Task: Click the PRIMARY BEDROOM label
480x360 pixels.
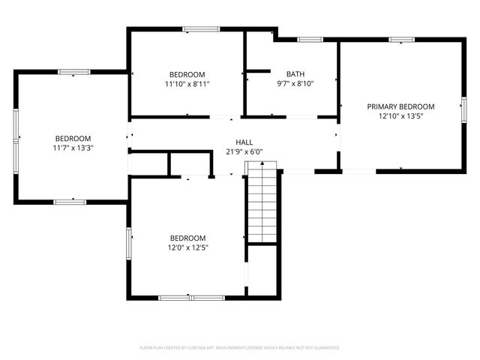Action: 400,106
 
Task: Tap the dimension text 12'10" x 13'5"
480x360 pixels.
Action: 400,116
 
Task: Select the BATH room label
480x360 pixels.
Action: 295,73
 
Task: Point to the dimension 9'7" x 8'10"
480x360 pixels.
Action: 295,83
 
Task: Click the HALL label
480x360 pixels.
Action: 244,142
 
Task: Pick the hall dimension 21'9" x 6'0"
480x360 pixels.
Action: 244,151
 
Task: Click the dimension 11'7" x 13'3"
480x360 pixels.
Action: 73,148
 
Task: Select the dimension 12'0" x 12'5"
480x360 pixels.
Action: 187,247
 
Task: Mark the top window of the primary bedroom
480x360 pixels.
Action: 401,40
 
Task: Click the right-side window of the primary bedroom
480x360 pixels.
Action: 463,108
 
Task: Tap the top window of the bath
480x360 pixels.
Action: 310,39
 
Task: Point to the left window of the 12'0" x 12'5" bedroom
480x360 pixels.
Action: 129,241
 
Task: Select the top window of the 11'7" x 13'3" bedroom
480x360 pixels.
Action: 73,72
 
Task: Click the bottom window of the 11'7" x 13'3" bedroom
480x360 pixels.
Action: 70,202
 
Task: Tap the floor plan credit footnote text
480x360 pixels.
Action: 240,348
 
